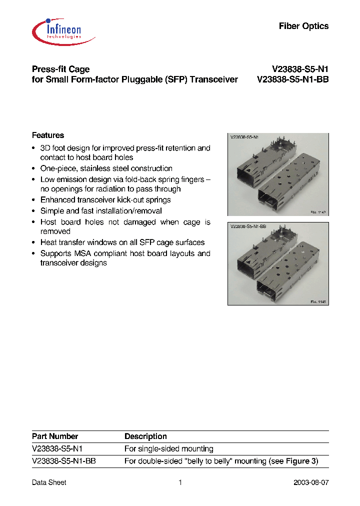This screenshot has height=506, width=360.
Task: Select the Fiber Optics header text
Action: [303, 26]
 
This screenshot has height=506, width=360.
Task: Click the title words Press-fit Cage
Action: [60, 69]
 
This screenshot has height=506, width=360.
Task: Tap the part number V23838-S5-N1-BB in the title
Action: [292, 79]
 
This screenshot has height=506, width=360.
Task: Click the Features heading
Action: [48, 135]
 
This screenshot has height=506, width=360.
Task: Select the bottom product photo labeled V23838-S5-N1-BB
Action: [278, 263]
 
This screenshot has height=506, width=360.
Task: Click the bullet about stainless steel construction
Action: [106, 168]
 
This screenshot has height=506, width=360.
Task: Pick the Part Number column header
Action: [55, 436]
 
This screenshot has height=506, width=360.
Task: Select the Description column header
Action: [145, 436]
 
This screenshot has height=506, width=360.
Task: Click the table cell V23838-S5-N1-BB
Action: [63, 461]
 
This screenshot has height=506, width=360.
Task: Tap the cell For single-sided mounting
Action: [168, 449]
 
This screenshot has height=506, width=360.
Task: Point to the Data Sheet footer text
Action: [49, 482]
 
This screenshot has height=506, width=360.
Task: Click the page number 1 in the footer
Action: [180, 482]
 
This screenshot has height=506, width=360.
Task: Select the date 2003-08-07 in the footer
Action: [311, 482]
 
